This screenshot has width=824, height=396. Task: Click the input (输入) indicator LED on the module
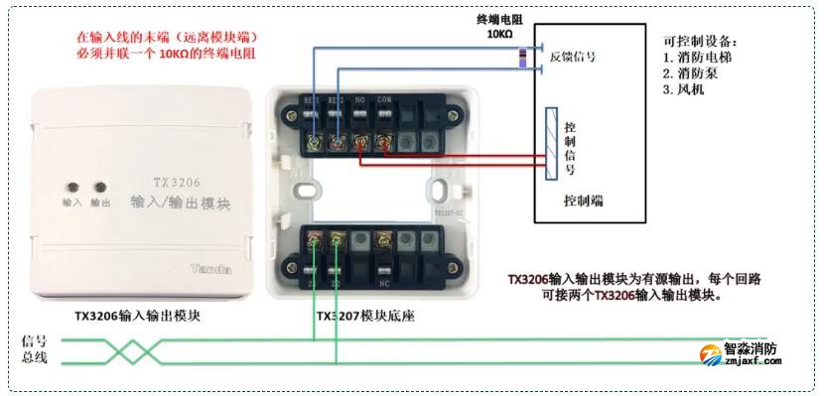[x=72, y=186]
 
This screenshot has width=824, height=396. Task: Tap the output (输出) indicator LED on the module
[x=99, y=186]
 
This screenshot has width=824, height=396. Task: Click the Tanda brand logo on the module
[x=210, y=268]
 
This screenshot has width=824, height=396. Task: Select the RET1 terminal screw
[x=314, y=145]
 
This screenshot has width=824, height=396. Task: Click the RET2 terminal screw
[x=338, y=145]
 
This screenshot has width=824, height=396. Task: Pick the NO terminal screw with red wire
[x=360, y=145]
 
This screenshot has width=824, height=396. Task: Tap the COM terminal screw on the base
[x=383, y=145]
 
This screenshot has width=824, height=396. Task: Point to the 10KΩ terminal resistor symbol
[x=523, y=57]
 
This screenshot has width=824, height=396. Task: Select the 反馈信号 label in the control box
[x=573, y=58]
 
